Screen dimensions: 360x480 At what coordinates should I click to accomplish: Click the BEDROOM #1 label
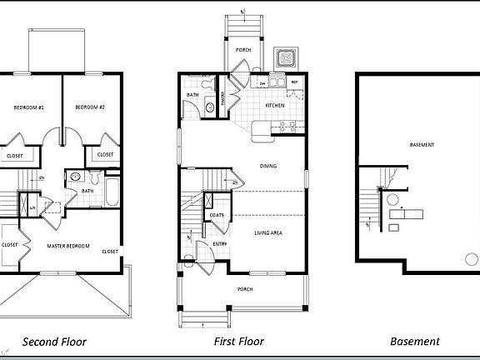click(28, 107)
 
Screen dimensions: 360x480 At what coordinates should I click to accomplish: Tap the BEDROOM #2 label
click(89, 107)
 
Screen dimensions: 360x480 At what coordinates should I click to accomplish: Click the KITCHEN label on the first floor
click(276, 107)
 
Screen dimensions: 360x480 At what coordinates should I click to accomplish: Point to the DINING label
click(268, 166)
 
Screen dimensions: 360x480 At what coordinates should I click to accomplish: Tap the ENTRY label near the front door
click(220, 243)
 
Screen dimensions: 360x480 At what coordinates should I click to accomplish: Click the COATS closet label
click(217, 216)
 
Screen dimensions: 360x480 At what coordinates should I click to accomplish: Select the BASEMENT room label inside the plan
click(422, 145)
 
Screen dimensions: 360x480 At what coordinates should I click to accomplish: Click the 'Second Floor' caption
click(54, 342)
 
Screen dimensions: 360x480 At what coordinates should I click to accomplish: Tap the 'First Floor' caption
click(239, 342)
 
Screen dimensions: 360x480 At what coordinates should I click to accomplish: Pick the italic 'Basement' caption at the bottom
click(415, 342)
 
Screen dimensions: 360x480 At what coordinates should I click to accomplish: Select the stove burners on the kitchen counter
click(287, 127)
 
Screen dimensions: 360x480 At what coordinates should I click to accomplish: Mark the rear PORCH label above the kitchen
click(243, 50)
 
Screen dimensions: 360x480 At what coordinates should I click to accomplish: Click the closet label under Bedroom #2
click(105, 155)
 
